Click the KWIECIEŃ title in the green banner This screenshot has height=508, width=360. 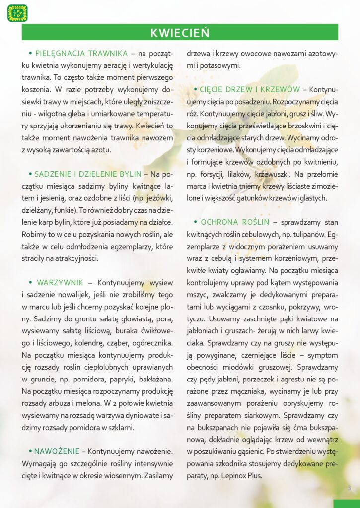click(180, 33)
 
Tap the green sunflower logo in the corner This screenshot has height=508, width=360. click(17, 13)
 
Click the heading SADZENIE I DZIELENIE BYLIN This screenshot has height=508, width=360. click(88, 174)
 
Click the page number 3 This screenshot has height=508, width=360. click(349, 488)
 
